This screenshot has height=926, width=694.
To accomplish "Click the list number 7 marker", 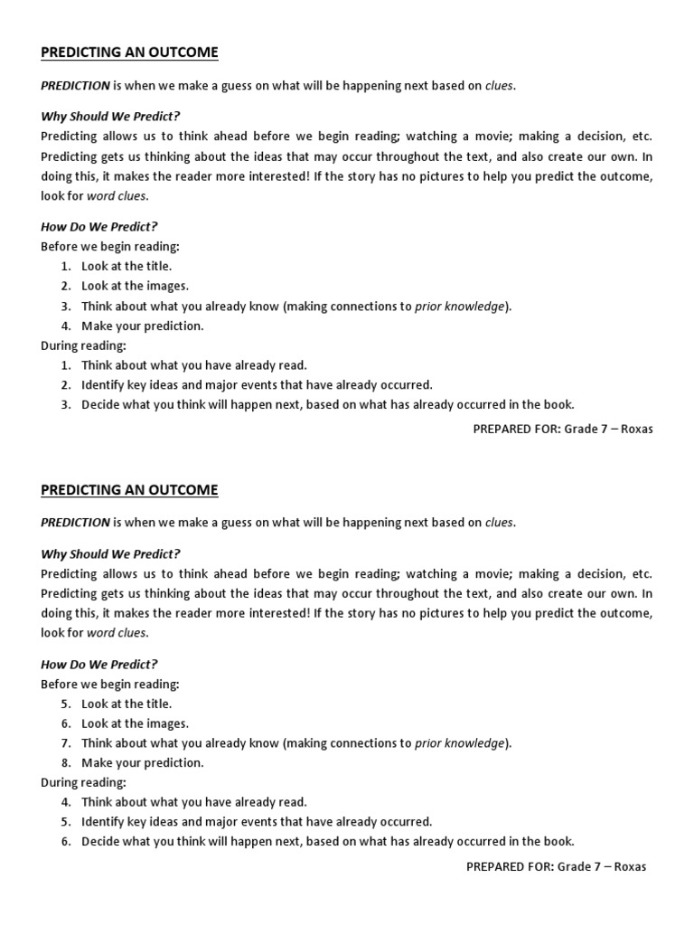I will point(65,743).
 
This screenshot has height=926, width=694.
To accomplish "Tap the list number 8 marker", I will point(65,762).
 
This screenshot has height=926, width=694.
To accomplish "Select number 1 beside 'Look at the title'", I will point(65,266).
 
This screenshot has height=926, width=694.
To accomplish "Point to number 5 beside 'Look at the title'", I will point(65,704).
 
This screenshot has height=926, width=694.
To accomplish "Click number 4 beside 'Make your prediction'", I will point(65,326).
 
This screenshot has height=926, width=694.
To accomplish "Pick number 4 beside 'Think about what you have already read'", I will point(65,802).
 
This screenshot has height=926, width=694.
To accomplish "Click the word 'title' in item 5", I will point(155,704).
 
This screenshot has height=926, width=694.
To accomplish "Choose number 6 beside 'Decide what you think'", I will point(65,842).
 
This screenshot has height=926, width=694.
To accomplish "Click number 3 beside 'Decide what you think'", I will point(65,404).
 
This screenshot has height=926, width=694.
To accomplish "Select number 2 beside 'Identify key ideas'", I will point(65,384).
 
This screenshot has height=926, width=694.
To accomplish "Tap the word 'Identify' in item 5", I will point(103,822).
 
